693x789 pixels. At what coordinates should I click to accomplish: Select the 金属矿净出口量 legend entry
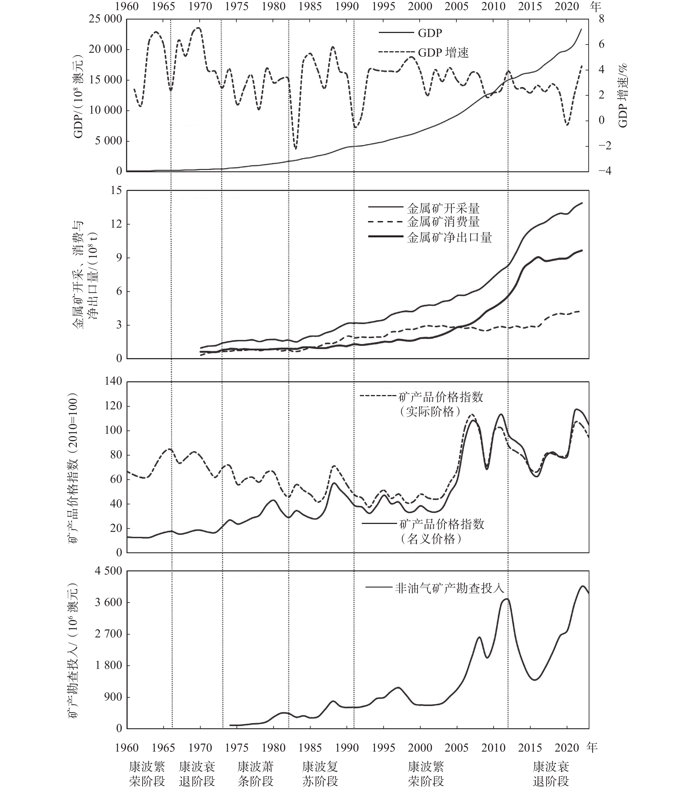pos(449,237)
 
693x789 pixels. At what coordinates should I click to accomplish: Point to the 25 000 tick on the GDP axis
pos(105,19)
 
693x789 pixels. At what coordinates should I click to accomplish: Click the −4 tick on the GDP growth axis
pos(604,171)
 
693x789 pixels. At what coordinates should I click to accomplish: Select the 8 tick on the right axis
pos(601,19)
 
